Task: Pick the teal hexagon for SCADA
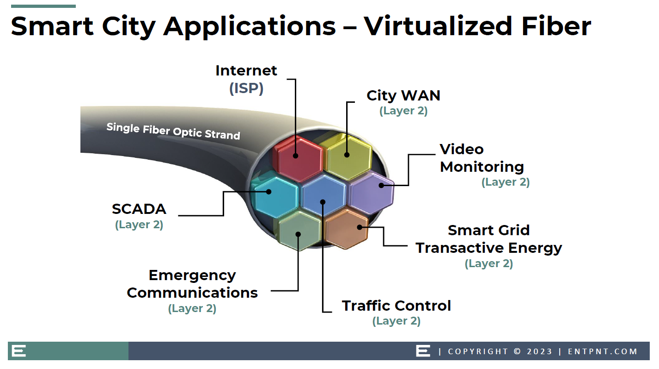(275, 194)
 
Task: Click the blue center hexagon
(323, 194)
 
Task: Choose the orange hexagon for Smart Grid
(346, 229)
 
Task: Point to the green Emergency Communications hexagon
(299, 231)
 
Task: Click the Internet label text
(246, 71)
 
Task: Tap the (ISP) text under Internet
(246, 88)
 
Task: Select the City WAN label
(403, 95)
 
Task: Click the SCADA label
(139, 209)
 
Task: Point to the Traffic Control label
(397, 306)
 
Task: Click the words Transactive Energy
(488, 248)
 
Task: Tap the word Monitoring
(482, 167)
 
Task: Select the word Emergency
(192, 276)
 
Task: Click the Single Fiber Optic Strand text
(173, 131)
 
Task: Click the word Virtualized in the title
(439, 26)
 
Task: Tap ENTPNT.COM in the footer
(603, 351)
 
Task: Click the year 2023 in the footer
(540, 351)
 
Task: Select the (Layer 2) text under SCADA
(139, 225)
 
